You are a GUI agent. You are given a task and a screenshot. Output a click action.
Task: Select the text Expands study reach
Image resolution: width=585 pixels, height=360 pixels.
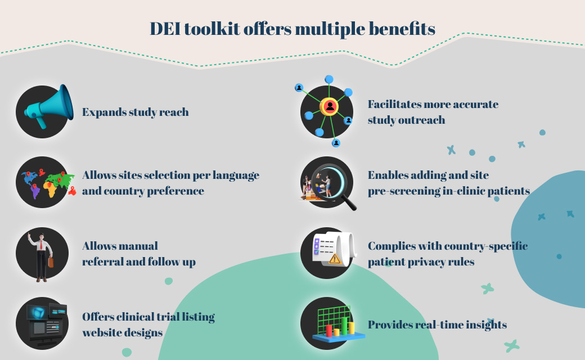(135, 112)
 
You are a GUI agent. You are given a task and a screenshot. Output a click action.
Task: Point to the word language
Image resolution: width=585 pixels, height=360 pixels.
(235, 175)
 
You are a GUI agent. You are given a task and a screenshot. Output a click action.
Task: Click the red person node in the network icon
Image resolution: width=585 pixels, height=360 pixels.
(330, 106)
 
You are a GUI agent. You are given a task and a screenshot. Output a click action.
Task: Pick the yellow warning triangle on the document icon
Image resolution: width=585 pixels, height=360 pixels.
(335, 259)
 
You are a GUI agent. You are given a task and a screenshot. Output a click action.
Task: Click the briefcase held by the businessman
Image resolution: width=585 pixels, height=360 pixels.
(50, 263)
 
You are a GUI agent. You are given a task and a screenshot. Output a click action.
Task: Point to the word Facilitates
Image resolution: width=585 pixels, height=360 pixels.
(394, 104)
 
